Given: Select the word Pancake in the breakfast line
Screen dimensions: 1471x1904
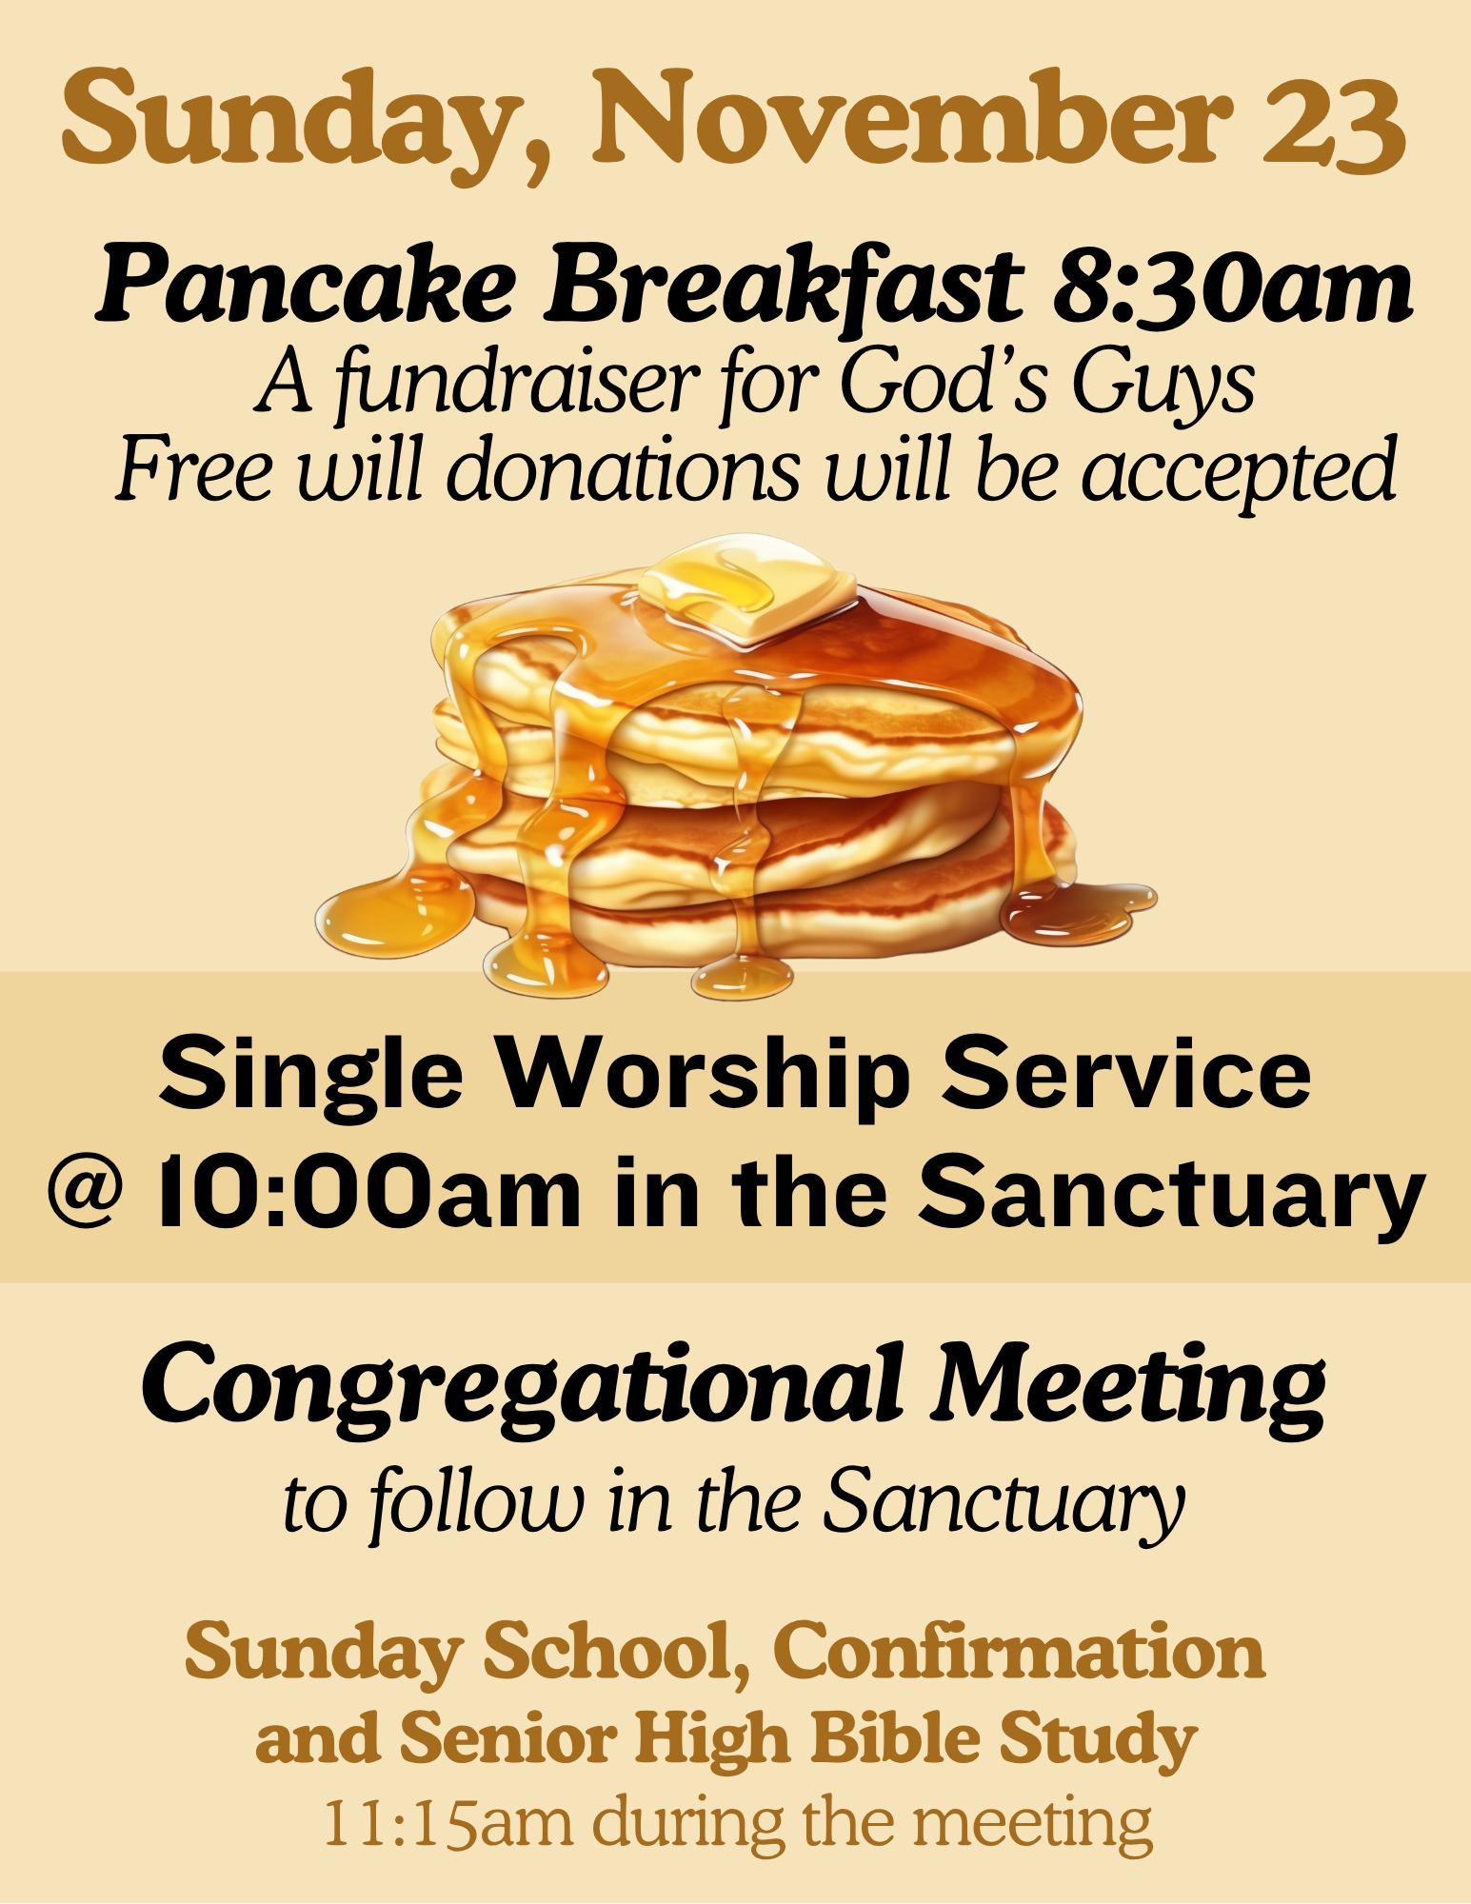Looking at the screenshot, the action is point(306,283).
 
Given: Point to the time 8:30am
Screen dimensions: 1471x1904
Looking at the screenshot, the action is point(1233,283).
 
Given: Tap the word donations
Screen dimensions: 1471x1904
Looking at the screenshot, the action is point(623,468).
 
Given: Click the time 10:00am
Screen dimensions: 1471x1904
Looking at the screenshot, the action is point(369,1190).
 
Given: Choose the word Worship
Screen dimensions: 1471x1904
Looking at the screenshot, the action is point(706,1073).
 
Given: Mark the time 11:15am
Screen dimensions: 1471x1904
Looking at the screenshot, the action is point(448,1824).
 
